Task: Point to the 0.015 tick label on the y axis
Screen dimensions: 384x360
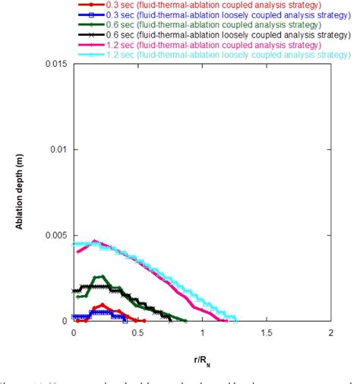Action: tap(56, 64)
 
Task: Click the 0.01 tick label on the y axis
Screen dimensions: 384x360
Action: tap(59, 150)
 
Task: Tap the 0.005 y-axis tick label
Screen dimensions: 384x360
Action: tap(56, 235)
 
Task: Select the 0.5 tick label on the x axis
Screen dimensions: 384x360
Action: tap(137, 333)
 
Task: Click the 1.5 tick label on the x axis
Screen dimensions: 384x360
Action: tap(267, 333)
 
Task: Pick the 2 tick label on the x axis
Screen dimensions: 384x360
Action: tap(330, 333)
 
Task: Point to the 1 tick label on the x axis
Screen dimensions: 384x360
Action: tap(202, 333)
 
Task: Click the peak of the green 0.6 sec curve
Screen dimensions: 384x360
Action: tap(99, 276)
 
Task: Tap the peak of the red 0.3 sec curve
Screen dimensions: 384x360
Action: tap(102, 305)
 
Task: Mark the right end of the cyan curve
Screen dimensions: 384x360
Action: tap(235, 319)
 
